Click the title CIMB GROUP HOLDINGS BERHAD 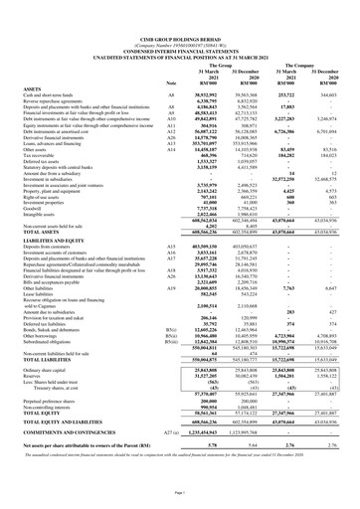(x=180, y=9)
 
